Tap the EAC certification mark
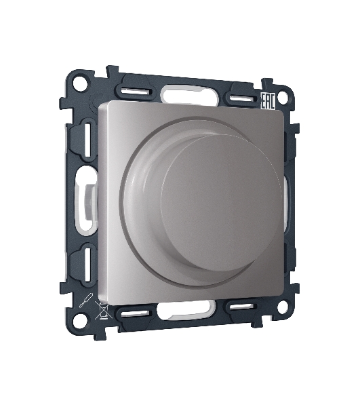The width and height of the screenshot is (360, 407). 267,101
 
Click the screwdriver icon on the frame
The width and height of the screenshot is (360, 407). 85,301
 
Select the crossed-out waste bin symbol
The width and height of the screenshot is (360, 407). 103,310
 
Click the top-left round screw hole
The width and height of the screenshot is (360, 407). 79,83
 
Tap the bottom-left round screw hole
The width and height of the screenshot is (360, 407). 79,321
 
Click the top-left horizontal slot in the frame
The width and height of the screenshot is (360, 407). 136,91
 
